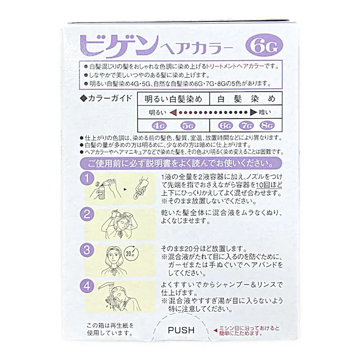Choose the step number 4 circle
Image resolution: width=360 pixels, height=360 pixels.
tap(87, 284)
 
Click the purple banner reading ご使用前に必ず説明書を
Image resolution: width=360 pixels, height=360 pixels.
tap(180, 164)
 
